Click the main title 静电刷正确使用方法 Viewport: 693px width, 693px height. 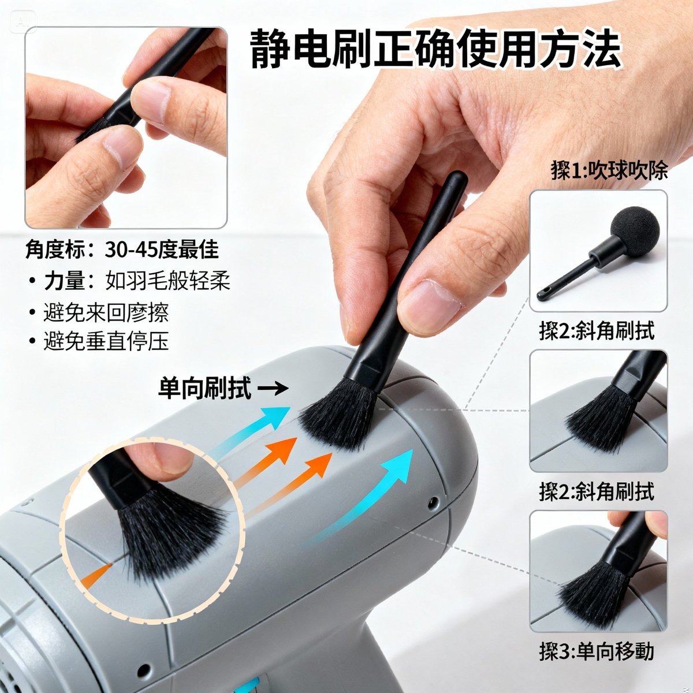click(436, 49)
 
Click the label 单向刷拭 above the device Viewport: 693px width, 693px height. click(204, 389)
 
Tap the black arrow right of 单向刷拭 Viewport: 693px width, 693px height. click(273, 389)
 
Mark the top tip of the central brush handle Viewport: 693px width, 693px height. click(457, 177)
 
